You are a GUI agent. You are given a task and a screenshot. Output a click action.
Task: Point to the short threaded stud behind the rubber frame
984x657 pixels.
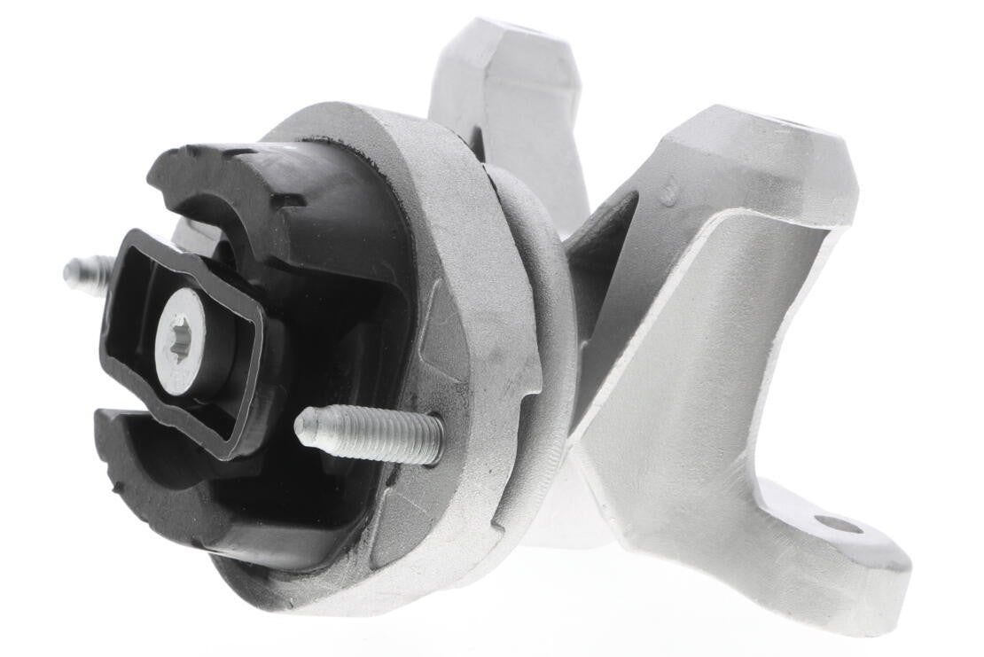click(89, 272)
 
